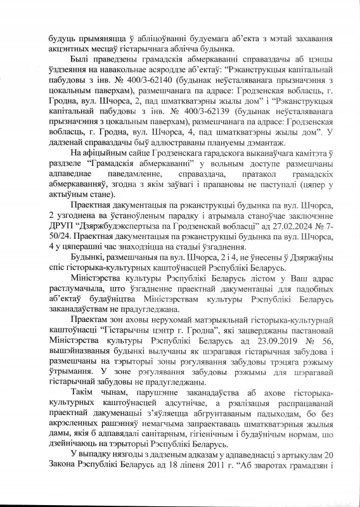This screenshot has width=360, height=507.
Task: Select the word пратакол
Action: (241, 191)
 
